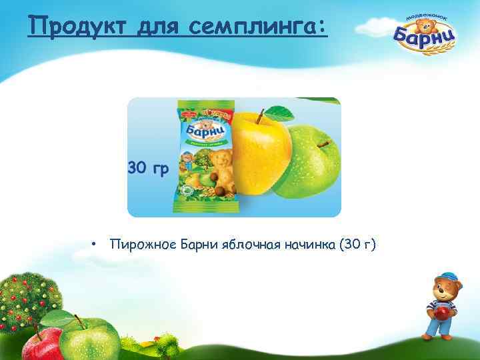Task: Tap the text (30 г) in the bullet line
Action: (x=357, y=245)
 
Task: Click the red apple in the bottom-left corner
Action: (x=43, y=344)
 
